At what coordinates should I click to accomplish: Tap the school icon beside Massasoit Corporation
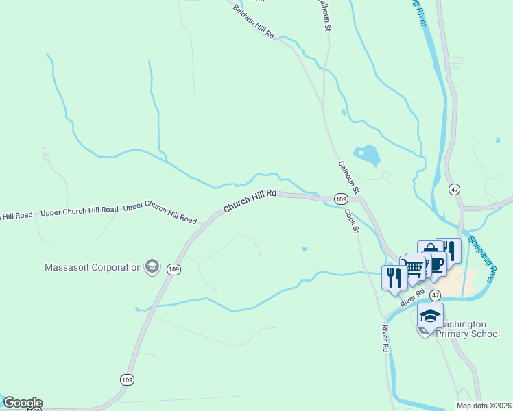point(152,267)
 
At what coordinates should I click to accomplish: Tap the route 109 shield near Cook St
point(341,199)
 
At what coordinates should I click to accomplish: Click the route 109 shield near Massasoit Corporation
point(174,270)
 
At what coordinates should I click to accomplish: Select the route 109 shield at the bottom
point(127,379)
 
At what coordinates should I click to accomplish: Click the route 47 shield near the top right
point(454,188)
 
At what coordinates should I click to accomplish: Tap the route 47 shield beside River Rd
point(436,294)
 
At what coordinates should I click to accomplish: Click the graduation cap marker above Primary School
point(430,316)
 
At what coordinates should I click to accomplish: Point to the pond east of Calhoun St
point(367,154)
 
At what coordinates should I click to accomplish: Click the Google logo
point(23,403)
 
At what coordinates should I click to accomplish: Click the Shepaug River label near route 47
point(483,260)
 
